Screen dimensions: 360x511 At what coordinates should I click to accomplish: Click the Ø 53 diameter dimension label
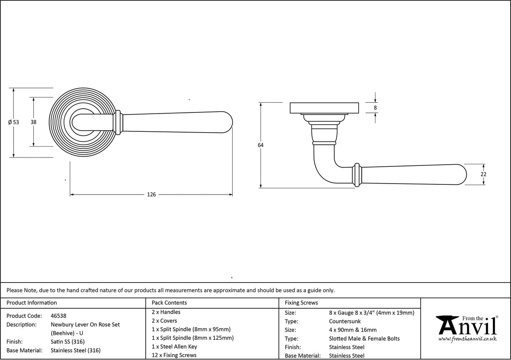point(13,122)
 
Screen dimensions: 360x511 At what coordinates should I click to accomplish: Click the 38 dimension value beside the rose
point(33,122)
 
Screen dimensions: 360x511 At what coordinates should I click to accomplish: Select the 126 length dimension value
point(151,195)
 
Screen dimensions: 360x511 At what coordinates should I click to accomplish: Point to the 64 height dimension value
point(261,145)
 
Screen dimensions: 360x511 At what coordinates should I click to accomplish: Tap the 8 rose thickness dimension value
point(375,108)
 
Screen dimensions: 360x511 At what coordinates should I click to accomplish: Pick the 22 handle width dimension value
point(483,174)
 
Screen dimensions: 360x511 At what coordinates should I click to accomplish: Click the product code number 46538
point(59,316)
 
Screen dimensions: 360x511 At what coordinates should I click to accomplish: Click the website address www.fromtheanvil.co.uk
point(467,339)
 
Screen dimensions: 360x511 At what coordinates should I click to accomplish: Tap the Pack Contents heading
point(169,303)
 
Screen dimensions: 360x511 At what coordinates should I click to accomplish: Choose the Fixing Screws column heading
point(301,303)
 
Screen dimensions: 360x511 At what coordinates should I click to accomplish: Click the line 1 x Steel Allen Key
point(174,347)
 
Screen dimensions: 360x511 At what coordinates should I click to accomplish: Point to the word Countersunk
point(345,321)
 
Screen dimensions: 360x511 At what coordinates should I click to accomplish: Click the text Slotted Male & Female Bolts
point(365,339)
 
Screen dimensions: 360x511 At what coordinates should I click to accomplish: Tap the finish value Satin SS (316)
point(68,341)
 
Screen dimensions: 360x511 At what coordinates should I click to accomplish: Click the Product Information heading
point(32,303)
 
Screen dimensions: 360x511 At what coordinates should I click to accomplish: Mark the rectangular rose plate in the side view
point(324,108)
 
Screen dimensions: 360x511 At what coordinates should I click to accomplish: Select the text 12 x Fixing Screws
point(174,355)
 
